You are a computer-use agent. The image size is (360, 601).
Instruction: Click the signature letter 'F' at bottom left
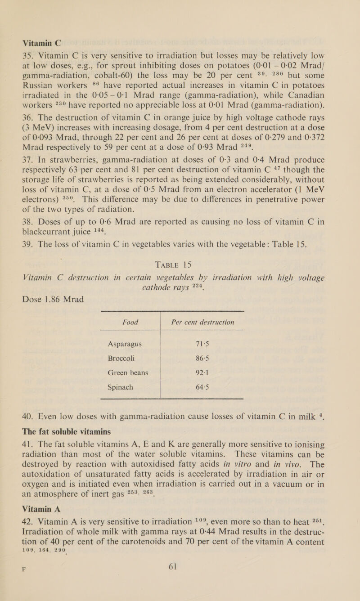[x=13, y=589]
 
